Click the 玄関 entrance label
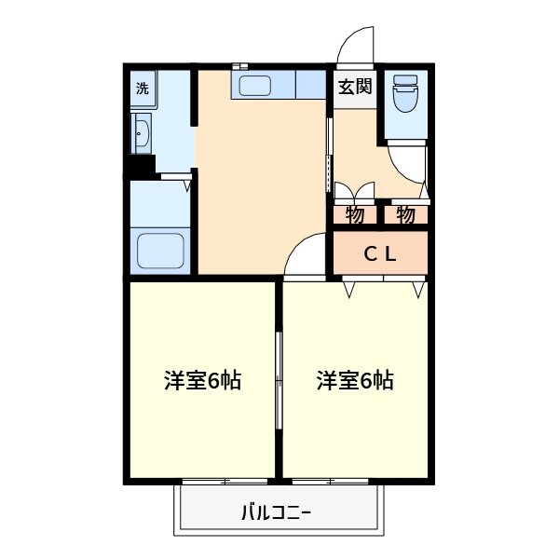click(x=354, y=88)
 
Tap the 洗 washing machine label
click(x=142, y=89)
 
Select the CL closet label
click(x=380, y=252)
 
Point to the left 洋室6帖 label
click(x=202, y=380)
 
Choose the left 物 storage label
click(x=355, y=214)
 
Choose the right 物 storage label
click(x=405, y=214)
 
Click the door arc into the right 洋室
click(x=305, y=255)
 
